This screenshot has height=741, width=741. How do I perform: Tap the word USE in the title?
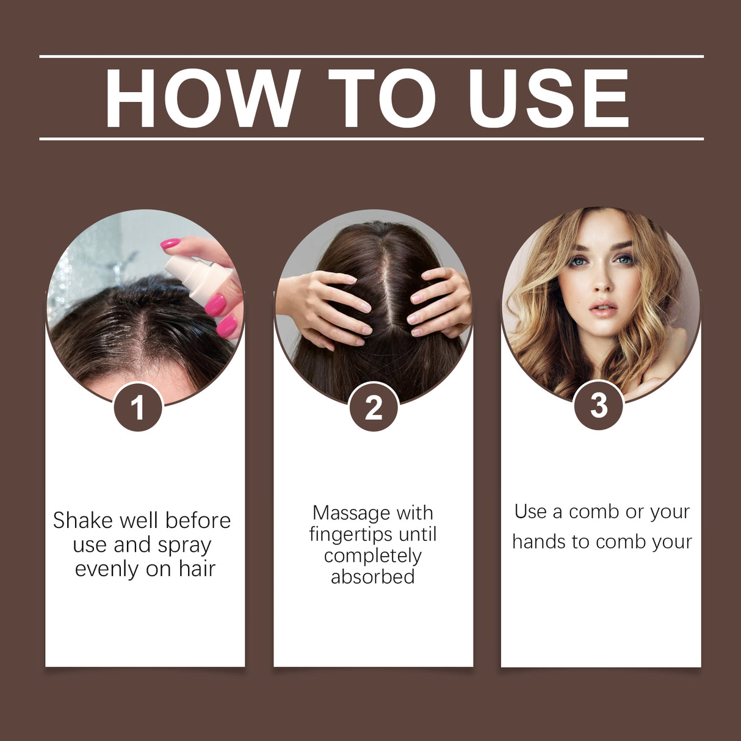click(x=548, y=98)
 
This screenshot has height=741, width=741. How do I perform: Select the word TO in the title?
click(x=381, y=98)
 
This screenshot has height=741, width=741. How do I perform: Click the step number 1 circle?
click(x=138, y=407)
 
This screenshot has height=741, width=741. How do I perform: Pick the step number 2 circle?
click(x=374, y=407)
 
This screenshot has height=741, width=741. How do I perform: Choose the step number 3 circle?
click(x=599, y=405)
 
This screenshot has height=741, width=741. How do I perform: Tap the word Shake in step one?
click(x=84, y=521)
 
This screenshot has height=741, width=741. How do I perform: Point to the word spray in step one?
click(x=184, y=545)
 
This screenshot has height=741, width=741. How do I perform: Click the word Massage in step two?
click(x=351, y=513)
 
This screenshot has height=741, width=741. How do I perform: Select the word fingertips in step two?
click(x=350, y=535)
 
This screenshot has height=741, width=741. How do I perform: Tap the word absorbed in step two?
click(x=373, y=577)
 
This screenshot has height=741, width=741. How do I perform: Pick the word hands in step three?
click(x=538, y=542)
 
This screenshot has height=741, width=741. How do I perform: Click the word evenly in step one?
click(x=107, y=569)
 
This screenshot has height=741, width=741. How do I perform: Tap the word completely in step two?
click(x=373, y=556)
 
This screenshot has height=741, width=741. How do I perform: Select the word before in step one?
click(x=198, y=521)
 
